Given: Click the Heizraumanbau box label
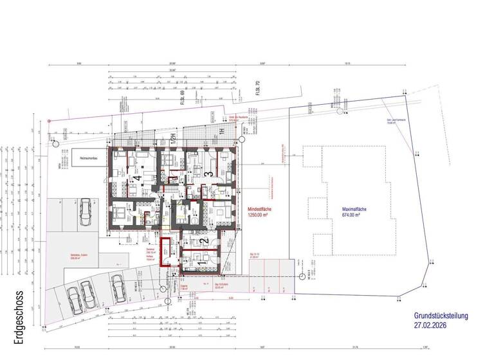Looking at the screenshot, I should point(85,157).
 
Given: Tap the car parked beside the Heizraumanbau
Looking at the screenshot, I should point(84,213).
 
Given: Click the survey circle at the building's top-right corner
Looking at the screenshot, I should point(242,139).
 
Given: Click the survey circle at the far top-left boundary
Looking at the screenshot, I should point(50,121).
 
